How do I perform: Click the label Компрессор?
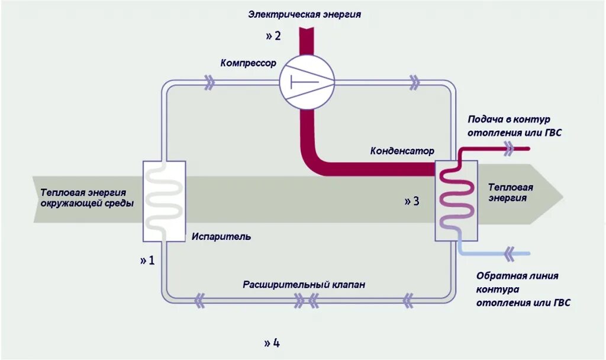[x=248, y=63]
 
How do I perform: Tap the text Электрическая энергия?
[x=304, y=14]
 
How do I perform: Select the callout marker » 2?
[x=273, y=36]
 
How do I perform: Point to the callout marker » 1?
[x=147, y=260]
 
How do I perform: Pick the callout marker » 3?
[x=412, y=201]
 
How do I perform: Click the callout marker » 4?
[x=272, y=343]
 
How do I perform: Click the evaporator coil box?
[x=164, y=201]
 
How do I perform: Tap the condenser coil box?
[x=457, y=201]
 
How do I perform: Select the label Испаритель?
[x=221, y=237]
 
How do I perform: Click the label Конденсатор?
[x=402, y=151]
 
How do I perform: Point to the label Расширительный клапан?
[x=304, y=285]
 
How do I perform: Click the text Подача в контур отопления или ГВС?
[x=514, y=126]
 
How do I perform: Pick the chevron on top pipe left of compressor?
[x=209, y=83]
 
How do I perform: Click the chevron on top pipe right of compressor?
[x=415, y=83]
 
